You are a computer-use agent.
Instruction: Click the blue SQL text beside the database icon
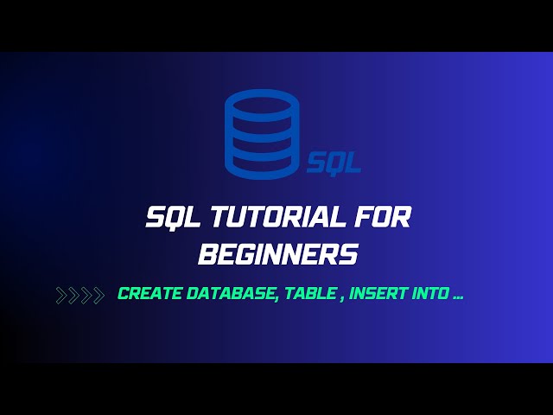[334, 163]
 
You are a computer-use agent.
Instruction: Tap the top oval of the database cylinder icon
[262, 105]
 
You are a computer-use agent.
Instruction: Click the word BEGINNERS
[276, 255]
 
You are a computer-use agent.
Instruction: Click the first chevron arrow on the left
[61, 296]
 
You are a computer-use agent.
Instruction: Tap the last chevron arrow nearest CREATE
[99, 296]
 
